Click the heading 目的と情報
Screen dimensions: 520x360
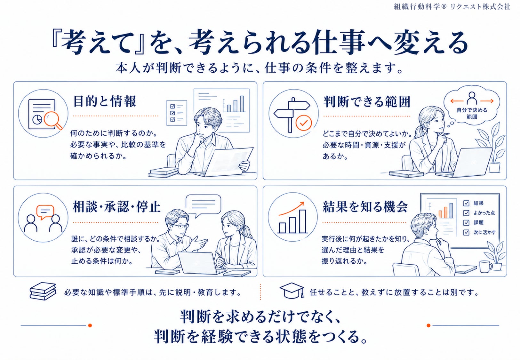click(x=104, y=101)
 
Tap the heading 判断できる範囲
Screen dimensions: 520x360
click(x=367, y=102)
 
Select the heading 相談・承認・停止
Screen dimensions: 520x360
click(x=116, y=206)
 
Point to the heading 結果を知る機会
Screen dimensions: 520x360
click(x=365, y=206)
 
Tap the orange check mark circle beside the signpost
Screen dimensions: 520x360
click(x=304, y=123)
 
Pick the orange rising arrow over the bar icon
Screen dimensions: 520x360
click(x=292, y=208)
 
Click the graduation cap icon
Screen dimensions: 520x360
click(x=292, y=290)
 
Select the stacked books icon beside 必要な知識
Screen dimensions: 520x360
click(x=43, y=291)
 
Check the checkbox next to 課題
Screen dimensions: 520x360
click(x=466, y=223)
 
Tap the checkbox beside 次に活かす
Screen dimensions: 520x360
click(x=466, y=232)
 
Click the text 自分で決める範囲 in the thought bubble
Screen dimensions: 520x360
click(x=472, y=113)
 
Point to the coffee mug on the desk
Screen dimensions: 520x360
click(x=486, y=267)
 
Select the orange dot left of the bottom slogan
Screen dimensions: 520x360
click(x=90, y=325)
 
